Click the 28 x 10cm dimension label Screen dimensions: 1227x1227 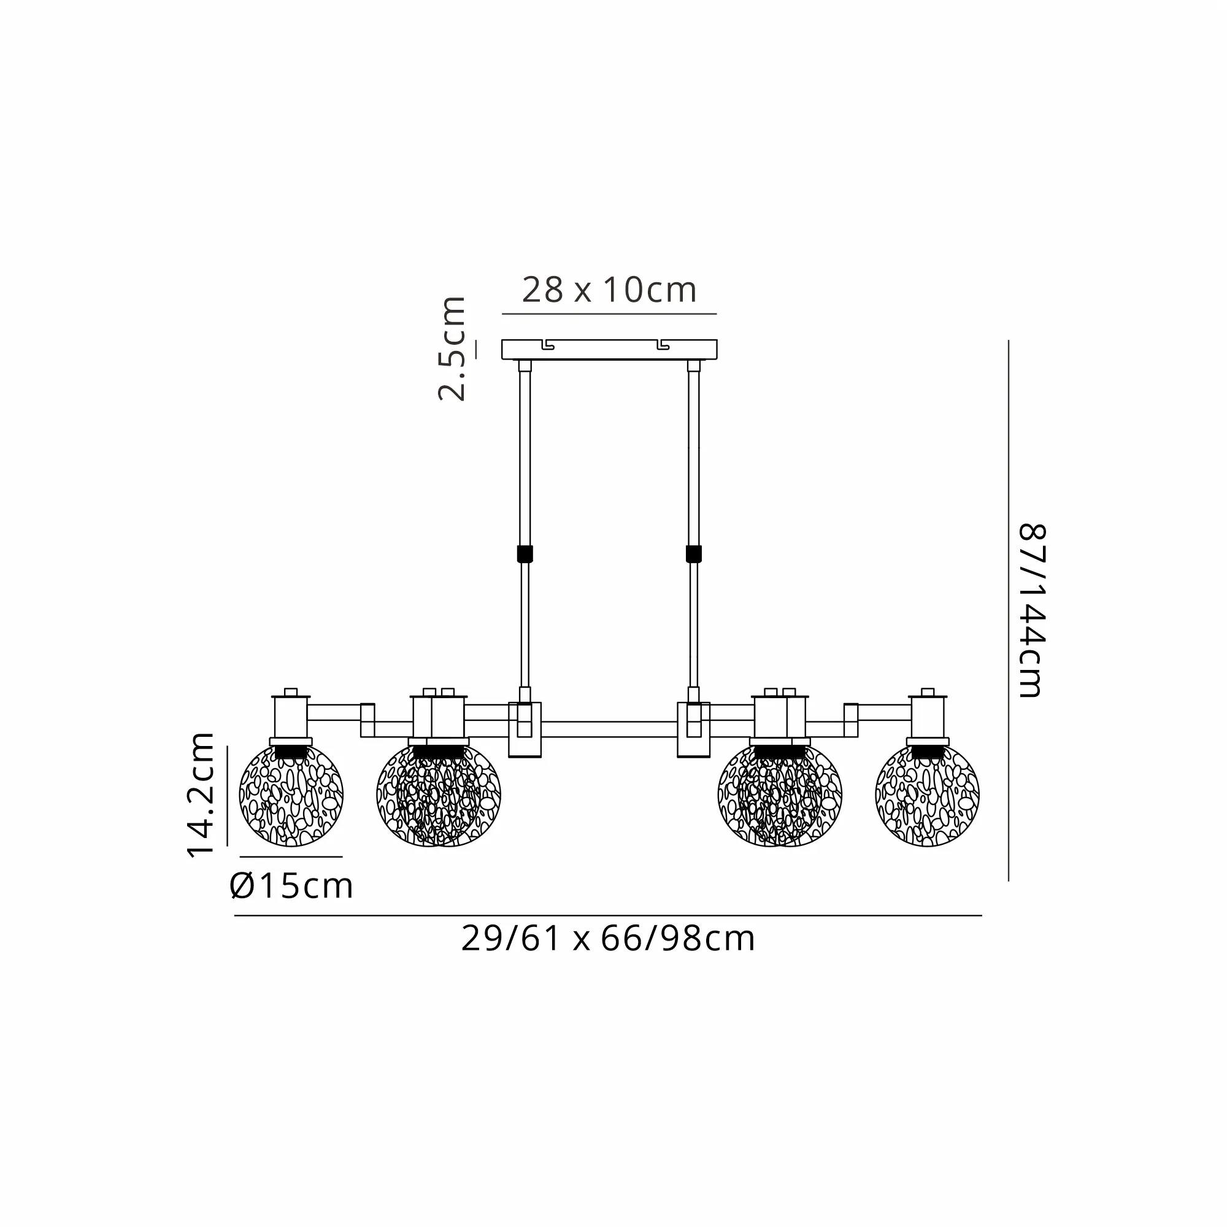point(609,290)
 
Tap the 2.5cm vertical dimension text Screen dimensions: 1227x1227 point(452,348)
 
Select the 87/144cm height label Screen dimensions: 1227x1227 point(1031,610)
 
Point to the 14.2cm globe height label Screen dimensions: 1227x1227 point(201,794)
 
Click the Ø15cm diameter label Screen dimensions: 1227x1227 point(291,886)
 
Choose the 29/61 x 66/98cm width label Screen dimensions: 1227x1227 point(608,939)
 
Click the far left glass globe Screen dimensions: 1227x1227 point(291,795)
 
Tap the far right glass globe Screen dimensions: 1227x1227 point(927,795)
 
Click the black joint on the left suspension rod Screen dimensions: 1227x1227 point(525,554)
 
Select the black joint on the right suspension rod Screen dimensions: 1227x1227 point(693,554)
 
